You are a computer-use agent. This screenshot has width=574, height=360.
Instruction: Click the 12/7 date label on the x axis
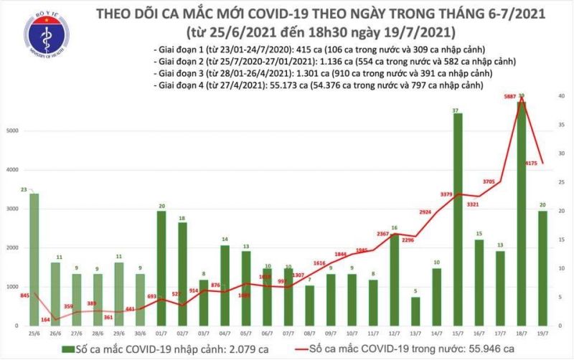click(x=395, y=333)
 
